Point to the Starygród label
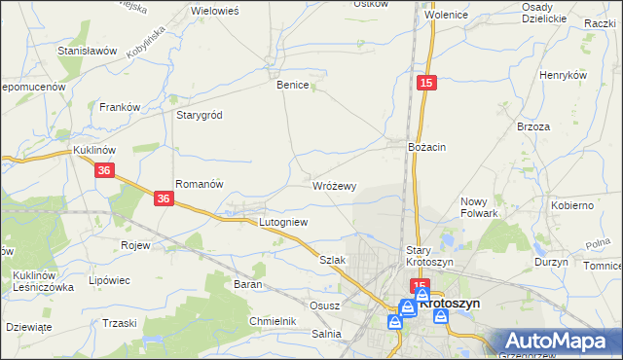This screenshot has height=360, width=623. (200, 115)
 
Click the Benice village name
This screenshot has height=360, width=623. (293, 85)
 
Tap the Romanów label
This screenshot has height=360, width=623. (200, 183)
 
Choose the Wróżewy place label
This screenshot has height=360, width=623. (335, 185)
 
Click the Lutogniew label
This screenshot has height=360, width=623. (283, 222)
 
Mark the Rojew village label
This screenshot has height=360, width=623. (135, 245)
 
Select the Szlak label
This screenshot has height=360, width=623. (333, 261)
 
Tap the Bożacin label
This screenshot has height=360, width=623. (426, 146)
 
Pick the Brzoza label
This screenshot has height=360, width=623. (534, 126)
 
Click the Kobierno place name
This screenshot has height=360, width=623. (572, 205)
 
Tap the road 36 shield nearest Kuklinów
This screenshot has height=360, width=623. (105, 170)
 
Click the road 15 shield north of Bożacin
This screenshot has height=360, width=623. (426, 85)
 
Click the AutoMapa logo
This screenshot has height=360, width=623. (558, 342)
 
